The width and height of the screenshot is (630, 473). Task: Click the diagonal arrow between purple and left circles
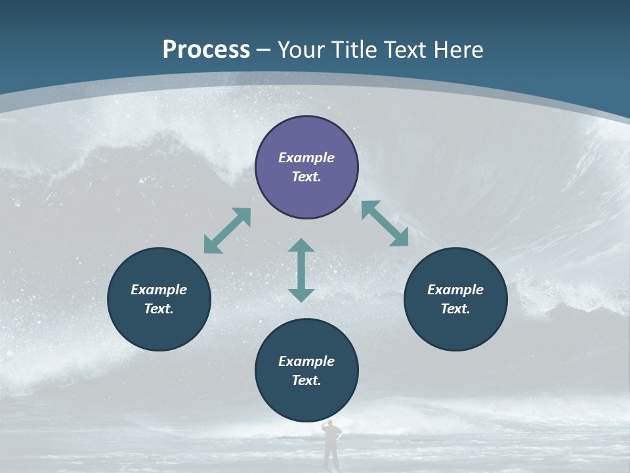click(227, 231)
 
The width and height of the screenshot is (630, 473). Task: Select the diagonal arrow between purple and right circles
click(385, 223)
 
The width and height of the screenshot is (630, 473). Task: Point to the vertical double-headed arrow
click(301, 270)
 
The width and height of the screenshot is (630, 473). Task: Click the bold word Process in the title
click(206, 49)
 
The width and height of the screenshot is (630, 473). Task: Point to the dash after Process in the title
click(264, 50)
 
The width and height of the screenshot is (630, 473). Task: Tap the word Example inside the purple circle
click(306, 158)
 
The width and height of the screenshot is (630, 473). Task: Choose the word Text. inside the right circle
click(455, 309)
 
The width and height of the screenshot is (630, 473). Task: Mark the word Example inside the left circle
click(159, 290)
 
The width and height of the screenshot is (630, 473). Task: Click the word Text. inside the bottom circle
click(306, 380)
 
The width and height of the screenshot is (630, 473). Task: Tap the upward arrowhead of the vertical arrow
click(301, 246)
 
